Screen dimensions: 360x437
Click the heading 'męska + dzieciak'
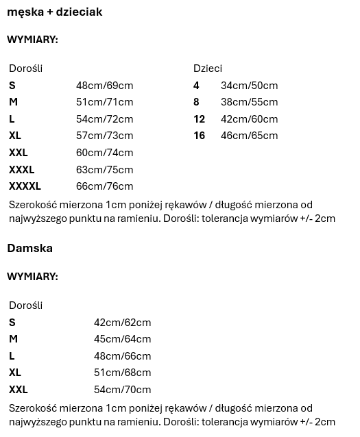pyautogui.click(x=55, y=12)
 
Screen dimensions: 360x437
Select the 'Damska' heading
pyautogui.click(x=30, y=248)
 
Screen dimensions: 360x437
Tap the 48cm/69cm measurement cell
pyautogui.click(x=104, y=86)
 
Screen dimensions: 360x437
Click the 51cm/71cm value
pyautogui.click(x=104, y=102)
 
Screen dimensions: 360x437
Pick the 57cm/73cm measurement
pyautogui.click(x=104, y=136)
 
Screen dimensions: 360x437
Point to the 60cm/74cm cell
pyautogui.click(x=104, y=153)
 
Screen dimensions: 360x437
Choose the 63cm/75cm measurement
pyautogui.click(x=104, y=170)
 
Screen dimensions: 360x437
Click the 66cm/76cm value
pyautogui.click(x=104, y=186)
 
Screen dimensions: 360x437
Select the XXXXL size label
pyautogui.click(x=25, y=186)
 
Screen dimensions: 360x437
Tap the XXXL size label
pyautogui.click(x=22, y=170)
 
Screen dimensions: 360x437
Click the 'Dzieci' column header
pyautogui.click(x=208, y=68)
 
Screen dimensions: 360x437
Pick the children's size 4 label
pyautogui.click(x=197, y=86)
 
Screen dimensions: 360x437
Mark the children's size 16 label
pyautogui.click(x=200, y=136)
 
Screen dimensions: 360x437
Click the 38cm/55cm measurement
pyautogui.click(x=249, y=102)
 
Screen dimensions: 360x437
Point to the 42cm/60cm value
pyautogui.click(x=249, y=119)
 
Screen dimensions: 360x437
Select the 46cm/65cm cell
pyautogui.click(x=249, y=136)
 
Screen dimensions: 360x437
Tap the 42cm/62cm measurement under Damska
pyautogui.click(x=122, y=323)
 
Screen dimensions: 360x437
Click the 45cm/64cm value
pyautogui.click(x=122, y=339)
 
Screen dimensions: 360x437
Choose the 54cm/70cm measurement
pyautogui.click(x=122, y=390)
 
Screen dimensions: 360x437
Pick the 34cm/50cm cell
pyautogui.click(x=249, y=86)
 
